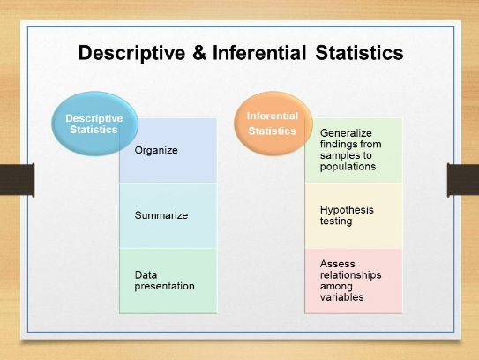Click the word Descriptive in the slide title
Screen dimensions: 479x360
click(131, 53)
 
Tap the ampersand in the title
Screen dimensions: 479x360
click(199, 53)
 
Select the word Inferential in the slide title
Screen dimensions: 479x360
click(259, 52)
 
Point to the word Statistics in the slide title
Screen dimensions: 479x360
click(359, 52)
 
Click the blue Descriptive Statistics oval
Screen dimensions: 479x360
click(94, 124)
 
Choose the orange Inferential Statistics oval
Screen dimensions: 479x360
click(273, 124)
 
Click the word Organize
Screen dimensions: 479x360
click(156, 150)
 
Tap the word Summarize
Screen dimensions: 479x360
click(161, 215)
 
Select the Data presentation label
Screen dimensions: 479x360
click(165, 281)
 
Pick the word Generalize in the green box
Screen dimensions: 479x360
click(346, 133)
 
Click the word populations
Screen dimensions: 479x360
click(348, 167)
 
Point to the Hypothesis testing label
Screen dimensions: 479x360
click(347, 215)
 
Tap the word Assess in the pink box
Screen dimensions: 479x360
click(338, 264)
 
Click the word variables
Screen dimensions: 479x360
click(342, 297)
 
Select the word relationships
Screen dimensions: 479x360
click(351, 275)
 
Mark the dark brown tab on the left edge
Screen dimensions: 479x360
click(17, 180)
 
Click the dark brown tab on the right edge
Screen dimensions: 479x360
click(463, 180)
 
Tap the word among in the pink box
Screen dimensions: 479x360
click(336, 287)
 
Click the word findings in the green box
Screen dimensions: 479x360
click(339, 144)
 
